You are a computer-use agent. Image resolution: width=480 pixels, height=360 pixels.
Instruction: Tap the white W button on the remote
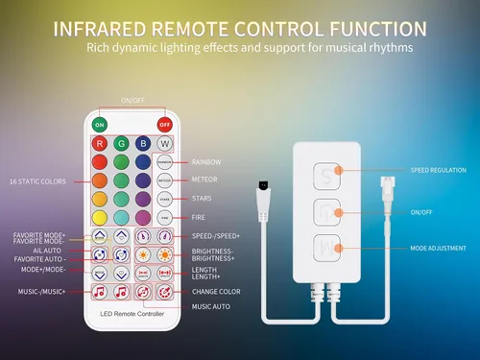tap(165, 145)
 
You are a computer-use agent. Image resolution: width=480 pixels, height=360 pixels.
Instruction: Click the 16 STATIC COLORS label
tap(37, 181)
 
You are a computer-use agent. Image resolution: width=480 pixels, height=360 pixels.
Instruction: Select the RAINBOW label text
tap(206, 161)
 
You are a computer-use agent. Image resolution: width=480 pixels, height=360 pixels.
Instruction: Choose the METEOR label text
tap(204, 180)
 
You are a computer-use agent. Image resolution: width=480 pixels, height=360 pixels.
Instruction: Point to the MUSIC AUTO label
tap(210, 306)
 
